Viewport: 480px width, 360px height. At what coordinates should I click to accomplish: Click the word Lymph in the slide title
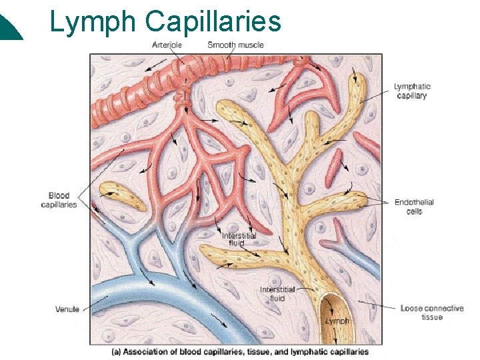coord(93,23)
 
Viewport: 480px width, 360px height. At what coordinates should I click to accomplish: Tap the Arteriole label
coord(167,45)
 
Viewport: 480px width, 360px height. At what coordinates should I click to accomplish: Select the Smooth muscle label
coord(235,45)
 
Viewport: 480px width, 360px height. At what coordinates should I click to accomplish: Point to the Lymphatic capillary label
coord(412,91)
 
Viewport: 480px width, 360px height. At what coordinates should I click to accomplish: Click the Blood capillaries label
coord(59,200)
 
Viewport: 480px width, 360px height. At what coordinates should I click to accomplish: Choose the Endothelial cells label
coord(414,207)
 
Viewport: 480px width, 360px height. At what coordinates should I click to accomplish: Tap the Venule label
coord(67,309)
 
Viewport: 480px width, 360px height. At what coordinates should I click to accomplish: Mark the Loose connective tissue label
coord(432,313)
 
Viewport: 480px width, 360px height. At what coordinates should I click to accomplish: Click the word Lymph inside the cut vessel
coord(337,321)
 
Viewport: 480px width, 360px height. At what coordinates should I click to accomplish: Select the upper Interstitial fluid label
coord(239,239)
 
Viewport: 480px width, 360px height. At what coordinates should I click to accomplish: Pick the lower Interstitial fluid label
coord(277,293)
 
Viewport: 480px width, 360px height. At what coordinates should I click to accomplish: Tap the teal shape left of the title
coord(10,28)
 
